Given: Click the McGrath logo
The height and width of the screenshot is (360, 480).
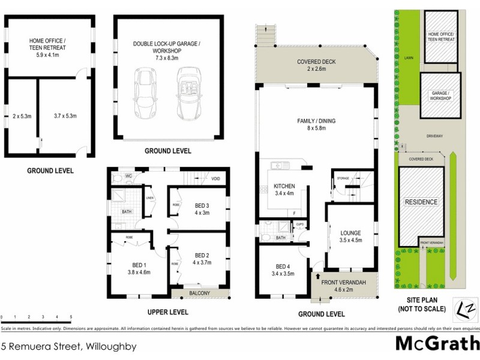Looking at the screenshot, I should point(437,344).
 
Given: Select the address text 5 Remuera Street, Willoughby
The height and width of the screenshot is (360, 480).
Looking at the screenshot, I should point(69,346).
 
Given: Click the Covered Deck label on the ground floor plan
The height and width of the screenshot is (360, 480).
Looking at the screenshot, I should point(316,65).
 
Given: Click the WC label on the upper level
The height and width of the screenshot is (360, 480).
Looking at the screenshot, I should point(128,176).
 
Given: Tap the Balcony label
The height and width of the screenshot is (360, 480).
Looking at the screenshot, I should point(199,293).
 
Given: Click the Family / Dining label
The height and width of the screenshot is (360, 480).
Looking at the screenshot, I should point(316,124).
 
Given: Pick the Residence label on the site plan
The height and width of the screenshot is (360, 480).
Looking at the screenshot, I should point(421,202).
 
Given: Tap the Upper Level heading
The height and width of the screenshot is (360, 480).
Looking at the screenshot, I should point(168,312).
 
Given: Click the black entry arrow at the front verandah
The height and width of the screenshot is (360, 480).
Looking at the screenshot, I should point(317,277).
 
